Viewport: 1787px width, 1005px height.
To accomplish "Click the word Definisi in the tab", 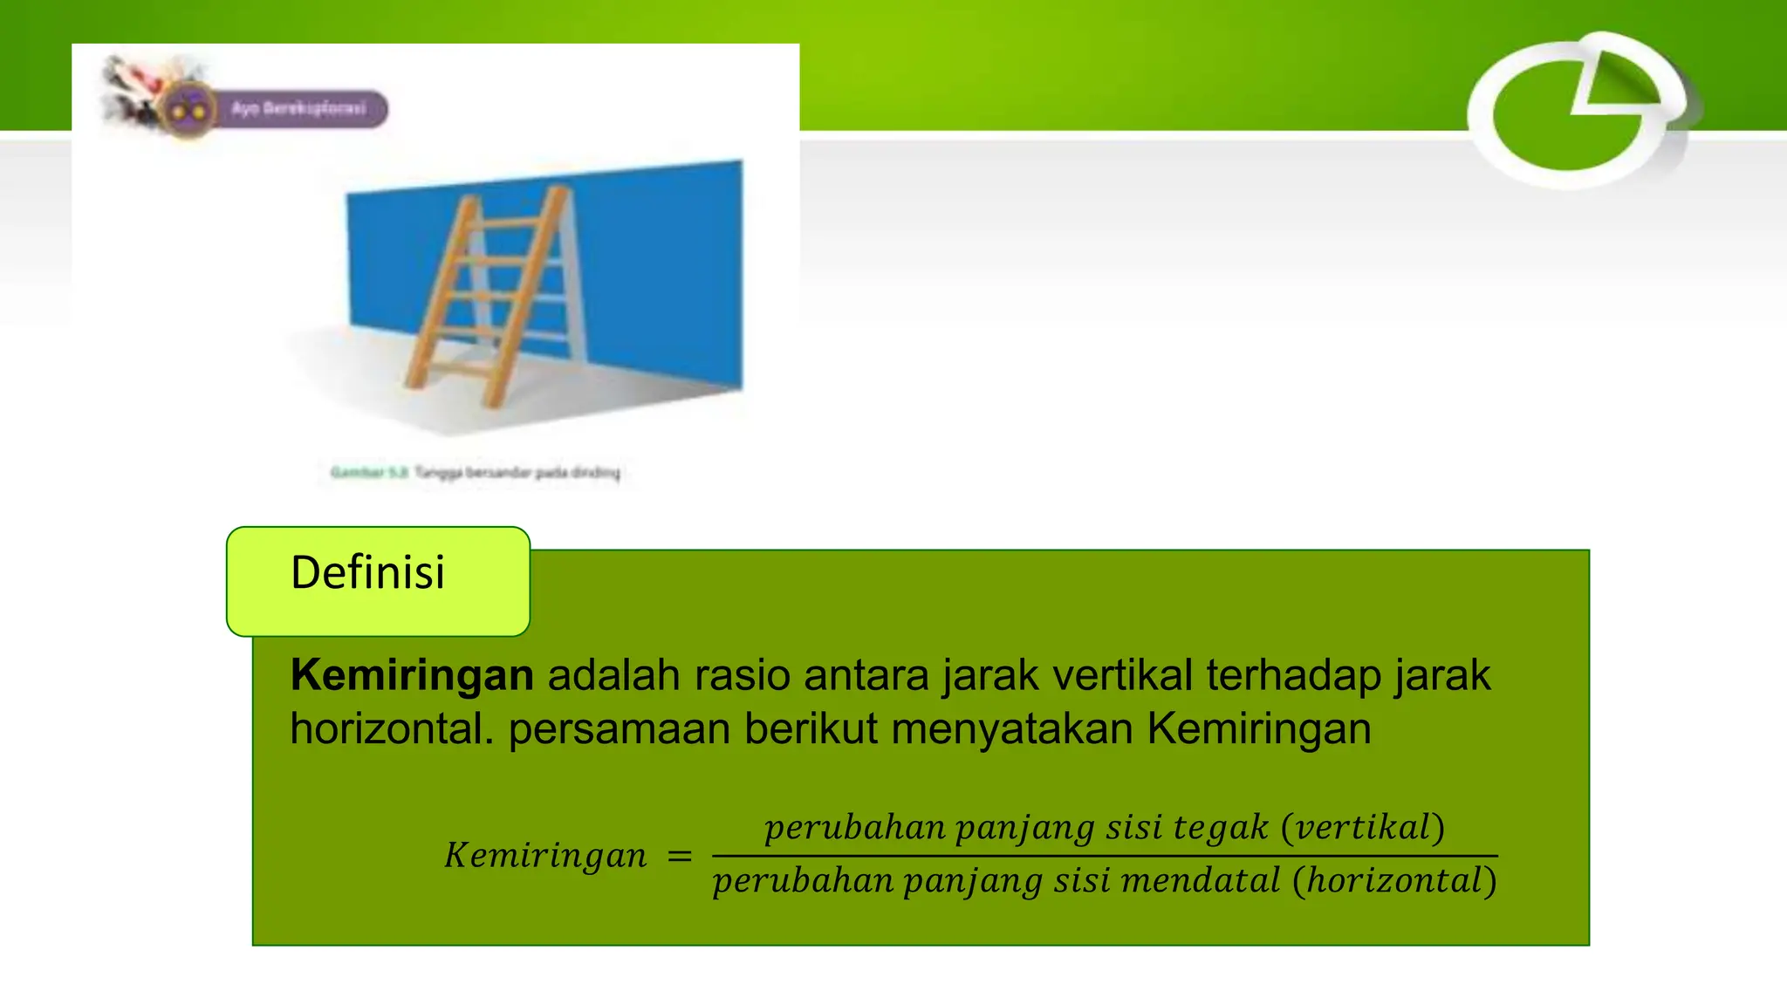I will point(367,573).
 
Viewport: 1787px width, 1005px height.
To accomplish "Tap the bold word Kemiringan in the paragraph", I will point(412,675).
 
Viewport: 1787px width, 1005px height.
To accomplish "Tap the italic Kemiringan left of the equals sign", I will point(545,855).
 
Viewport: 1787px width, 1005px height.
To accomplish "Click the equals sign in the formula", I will point(679,857).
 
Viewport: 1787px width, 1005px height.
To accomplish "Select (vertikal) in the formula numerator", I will point(1362,827).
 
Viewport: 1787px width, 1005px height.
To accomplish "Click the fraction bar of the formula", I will point(1104,856).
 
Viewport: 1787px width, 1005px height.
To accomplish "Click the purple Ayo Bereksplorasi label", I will point(299,109).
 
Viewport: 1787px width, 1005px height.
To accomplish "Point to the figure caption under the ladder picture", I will point(476,473).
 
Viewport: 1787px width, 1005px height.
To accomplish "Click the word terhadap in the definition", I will point(1293,675).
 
